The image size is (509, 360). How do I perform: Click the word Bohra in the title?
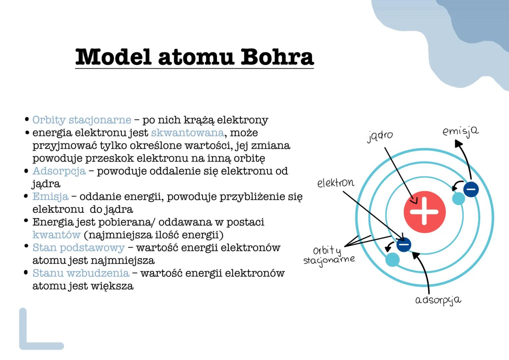[x=277, y=57]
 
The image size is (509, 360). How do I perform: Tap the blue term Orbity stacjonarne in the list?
[x=82, y=120]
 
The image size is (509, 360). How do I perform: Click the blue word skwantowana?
[x=187, y=133]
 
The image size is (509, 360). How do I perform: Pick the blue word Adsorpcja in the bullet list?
[x=59, y=171]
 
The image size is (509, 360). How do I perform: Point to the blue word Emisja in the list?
[x=50, y=197]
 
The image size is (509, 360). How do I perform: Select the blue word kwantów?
[x=56, y=235]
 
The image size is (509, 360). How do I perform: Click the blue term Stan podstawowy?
[x=78, y=248]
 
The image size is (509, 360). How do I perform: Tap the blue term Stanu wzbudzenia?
[x=81, y=273]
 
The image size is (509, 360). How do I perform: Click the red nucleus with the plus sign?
[x=424, y=212]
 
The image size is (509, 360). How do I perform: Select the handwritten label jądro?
[x=380, y=136]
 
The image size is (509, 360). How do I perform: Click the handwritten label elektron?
[x=336, y=183]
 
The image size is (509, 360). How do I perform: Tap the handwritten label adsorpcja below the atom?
[x=438, y=300]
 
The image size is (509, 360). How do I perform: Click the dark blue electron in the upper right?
[x=471, y=189]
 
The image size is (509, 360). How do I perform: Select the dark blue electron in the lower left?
[x=404, y=245]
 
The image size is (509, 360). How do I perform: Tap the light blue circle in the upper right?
[x=458, y=199]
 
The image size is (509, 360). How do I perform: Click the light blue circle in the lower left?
[x=392, y=260]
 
